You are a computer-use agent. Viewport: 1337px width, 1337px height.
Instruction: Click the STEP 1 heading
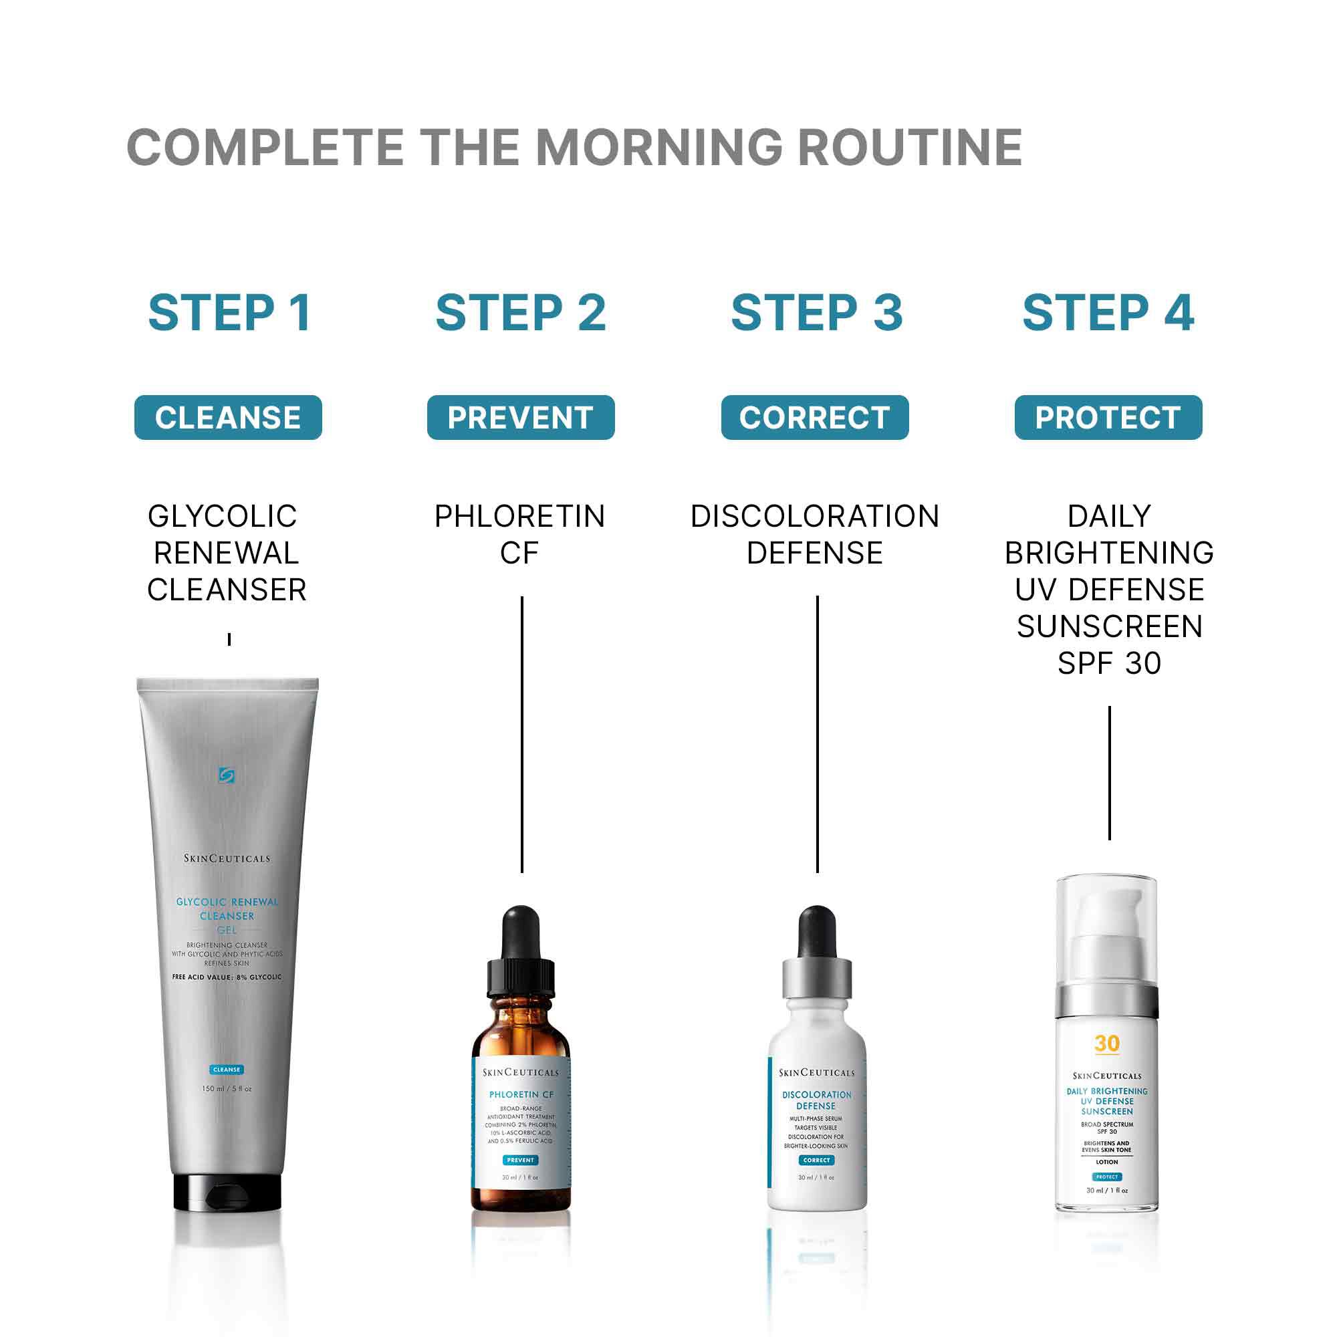229,313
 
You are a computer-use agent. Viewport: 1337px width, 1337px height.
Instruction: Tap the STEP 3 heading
817,313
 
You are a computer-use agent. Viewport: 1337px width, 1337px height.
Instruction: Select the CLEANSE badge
228,417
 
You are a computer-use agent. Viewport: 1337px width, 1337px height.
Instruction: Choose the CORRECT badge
814,417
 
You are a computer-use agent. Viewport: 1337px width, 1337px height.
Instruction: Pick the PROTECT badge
1108,417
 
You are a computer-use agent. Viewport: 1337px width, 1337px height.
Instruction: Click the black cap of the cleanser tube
227,1193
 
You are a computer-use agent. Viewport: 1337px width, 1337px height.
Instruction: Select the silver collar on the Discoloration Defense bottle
817,977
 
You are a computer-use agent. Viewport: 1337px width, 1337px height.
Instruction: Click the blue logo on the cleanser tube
227,775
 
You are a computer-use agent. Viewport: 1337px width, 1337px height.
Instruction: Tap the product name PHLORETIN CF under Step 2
519,534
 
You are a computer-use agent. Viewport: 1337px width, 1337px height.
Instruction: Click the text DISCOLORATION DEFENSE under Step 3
814,534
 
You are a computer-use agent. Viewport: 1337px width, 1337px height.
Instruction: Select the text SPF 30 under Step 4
1109,663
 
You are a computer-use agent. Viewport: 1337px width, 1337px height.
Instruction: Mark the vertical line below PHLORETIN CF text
522,733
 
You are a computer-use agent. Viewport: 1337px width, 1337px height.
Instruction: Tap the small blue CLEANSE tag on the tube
227,1069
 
